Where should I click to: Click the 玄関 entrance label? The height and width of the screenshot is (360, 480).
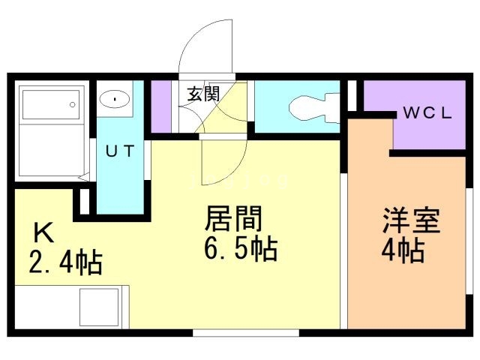point(202,94)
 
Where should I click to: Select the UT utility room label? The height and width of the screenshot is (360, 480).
point(119,151)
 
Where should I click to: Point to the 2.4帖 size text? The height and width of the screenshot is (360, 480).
point(65,263)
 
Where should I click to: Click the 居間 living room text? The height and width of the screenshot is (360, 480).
point(234,220)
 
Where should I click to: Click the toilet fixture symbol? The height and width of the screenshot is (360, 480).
point(311,106)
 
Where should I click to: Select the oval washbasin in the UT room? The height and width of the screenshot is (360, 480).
point(114,98)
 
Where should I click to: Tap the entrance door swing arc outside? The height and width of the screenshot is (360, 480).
point(206,45)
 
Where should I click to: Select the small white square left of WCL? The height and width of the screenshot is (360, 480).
point(352,94)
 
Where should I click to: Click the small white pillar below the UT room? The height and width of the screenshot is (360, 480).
point(85,201)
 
